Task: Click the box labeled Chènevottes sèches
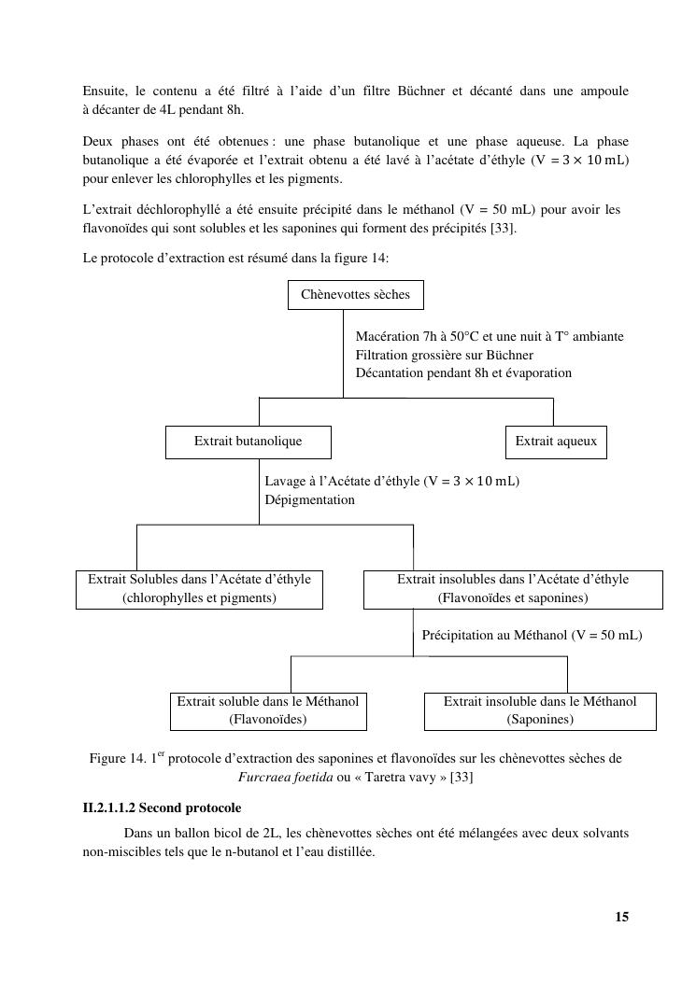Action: (x=355, y=295)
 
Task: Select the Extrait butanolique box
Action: (x=248, y=442)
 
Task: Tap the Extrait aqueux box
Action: (x=556, y=442)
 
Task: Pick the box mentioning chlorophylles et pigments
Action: (x=199, y=589)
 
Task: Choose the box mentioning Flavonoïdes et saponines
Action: (x=512, y=589)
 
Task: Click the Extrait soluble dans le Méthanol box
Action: (x=268, y=710)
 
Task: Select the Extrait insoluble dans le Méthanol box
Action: (x=540, y=710)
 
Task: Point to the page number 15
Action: (x=621, y=917)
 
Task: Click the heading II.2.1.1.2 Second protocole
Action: (x=162, y=807)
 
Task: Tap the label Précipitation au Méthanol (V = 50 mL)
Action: (x=532, y=635)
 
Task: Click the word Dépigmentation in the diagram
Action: (x=309, y=499)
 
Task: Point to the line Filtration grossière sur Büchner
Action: (x=444, y=355)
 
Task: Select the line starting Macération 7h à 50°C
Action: (x=490, y=336)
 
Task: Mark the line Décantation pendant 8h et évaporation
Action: (x=463, y=372)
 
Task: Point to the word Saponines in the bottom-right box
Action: (x=540, y=720)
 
